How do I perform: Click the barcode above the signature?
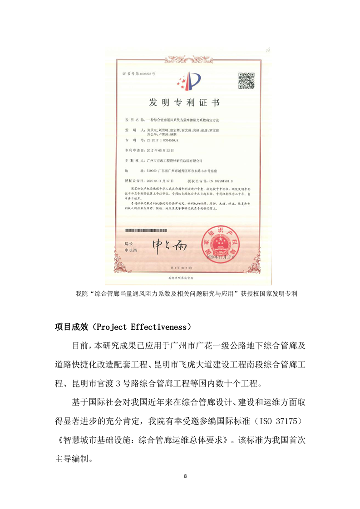(x=154, y=231)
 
